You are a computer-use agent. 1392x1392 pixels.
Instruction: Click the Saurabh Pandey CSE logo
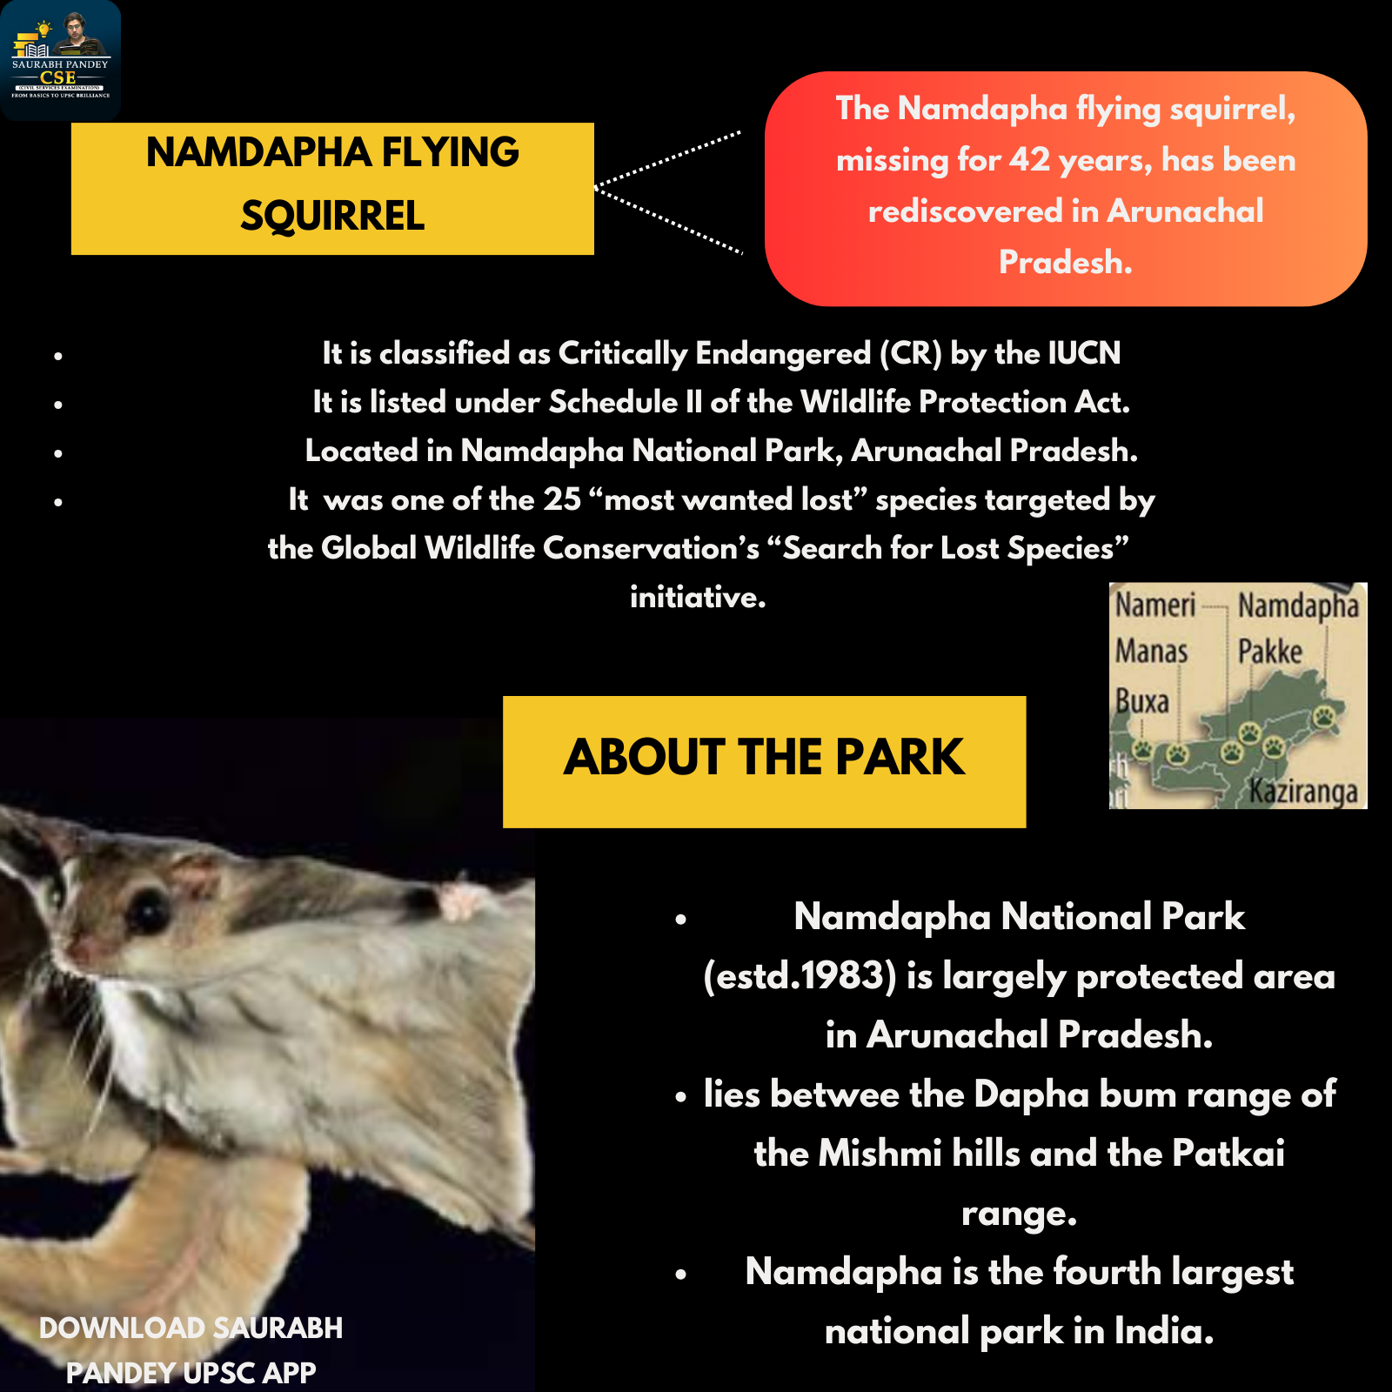tap(60, 60)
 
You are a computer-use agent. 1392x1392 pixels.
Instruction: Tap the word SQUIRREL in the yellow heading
tap(332, 216)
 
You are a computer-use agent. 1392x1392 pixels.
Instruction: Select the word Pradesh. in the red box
tap(1065, 262)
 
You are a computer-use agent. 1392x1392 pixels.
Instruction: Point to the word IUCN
tap(1084, 353)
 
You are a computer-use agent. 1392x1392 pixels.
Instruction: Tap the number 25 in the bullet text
tap(561, 499)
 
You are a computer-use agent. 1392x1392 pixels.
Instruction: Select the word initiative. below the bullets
tap(698, 597)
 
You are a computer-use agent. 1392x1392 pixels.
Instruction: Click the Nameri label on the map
tap(1155, 605)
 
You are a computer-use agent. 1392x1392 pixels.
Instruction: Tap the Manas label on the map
tap(1151, 651)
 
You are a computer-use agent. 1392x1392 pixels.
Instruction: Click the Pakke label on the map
tap(1270, 651)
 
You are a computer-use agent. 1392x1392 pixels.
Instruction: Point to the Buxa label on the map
tap(1141, 701)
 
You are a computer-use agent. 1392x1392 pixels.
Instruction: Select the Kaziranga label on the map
tap(1303, 792)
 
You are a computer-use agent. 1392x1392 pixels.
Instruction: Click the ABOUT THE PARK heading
tap(764, 757)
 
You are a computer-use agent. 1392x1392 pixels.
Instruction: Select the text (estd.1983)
tap(800, 977)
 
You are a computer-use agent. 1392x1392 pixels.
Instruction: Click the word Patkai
tap(1228, 1154)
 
